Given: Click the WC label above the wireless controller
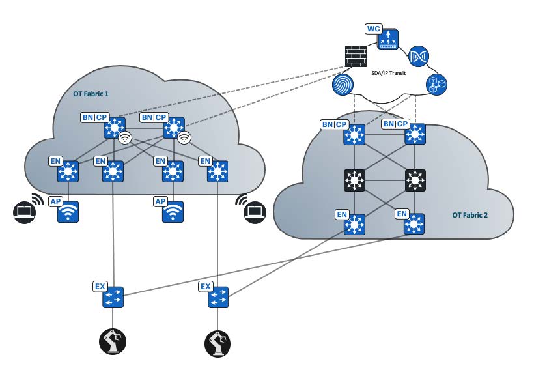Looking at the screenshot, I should click(372, 30).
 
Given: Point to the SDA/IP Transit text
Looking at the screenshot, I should click(389, 74).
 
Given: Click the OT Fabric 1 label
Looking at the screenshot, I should click(91, 94).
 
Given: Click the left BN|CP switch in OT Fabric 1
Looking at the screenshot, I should click(114, 128).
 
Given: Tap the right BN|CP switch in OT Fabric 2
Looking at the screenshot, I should click(415, 135).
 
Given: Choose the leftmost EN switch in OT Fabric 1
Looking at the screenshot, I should click(68, 172).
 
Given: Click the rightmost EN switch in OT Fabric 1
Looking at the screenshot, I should click(217, 172).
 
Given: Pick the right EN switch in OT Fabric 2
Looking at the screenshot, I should click(415, 224).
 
